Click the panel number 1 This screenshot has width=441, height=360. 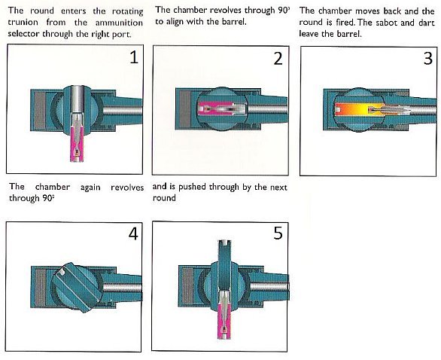coord(134,57)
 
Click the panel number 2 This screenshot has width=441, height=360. coord(278,59)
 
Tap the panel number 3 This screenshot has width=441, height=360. coord(427,59)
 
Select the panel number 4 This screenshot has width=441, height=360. coord(133,233)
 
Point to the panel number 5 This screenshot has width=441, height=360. coord(278,233)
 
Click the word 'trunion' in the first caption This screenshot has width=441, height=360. coord(23,23)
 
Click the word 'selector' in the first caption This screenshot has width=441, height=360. coord(24,33)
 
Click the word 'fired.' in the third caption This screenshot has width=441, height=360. coord(345,23)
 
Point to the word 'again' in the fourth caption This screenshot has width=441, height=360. coord(90,188)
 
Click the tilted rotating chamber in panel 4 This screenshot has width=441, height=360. coord(77,287)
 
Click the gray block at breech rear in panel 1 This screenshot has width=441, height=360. coord(39,110)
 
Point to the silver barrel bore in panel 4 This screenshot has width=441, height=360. coord(122,288)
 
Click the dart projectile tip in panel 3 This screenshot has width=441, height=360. coord(409,109)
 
